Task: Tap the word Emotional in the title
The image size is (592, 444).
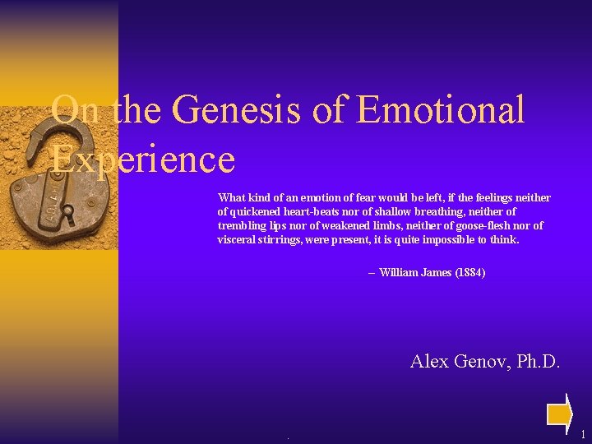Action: click(x=442, y=110)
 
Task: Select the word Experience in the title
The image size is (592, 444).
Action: click(x=143, y=158)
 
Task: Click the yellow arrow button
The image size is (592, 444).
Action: click(x=560, y=412)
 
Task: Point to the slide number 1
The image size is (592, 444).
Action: click(x=582, y=434)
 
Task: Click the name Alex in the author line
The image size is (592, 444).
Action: click(x=429, y=360)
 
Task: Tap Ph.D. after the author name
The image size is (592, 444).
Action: click(x=539, y=360)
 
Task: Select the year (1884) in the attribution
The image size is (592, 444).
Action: click(x=469, y=272)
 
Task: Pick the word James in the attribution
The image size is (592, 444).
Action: click(x=436, y=272)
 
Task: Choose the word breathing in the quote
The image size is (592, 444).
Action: click(x=426, y=211)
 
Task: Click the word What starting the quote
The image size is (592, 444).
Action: click(x=231, y=197)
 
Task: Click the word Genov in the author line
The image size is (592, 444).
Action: click(x=483, y=360)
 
